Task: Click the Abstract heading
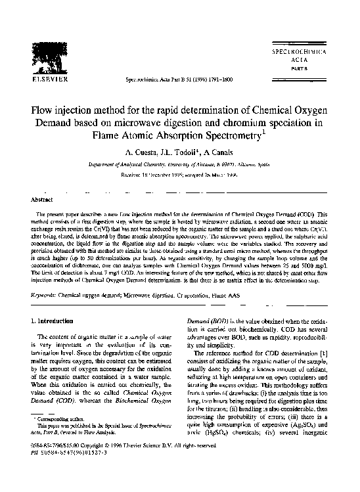[x=44, y=198]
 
